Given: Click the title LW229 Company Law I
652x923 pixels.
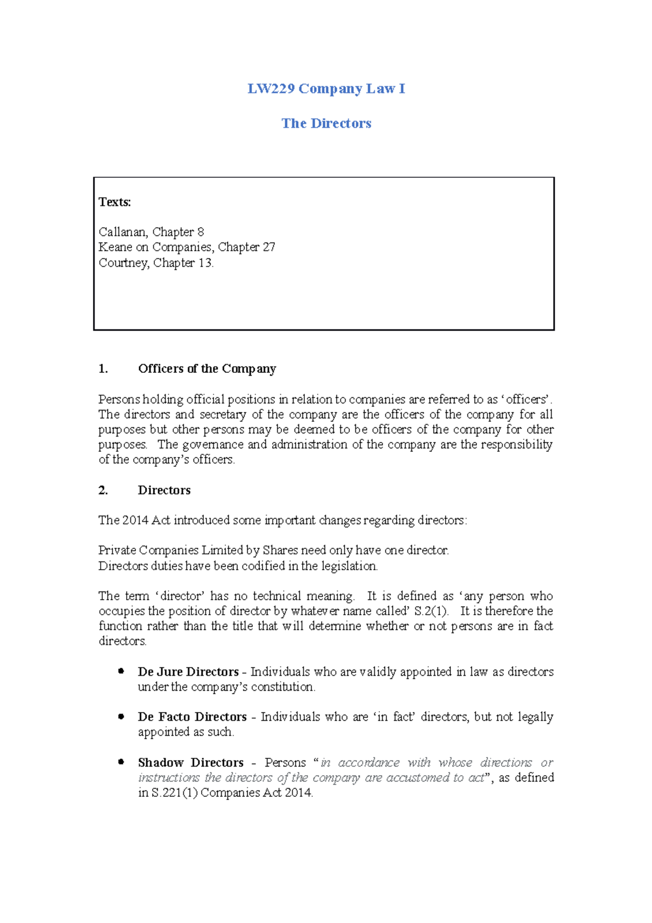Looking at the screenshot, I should click(326, 89).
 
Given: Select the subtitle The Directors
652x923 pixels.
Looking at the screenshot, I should click(326, 123).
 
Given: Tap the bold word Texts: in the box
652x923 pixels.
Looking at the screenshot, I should click(115, 202).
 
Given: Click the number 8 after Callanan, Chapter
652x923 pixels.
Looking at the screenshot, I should click(200, 232).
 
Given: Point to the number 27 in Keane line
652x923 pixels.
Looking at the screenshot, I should click(269, 247).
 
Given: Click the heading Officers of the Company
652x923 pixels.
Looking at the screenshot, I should click(207, 369).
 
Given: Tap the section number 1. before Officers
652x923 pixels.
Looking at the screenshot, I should click(103, 369).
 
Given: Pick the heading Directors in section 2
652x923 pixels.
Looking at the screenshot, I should click(164, 490).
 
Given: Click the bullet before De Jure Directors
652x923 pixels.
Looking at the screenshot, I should click(121, 671).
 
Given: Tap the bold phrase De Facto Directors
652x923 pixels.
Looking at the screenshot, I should click(192, 717).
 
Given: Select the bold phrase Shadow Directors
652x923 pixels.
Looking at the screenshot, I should click(191, 763).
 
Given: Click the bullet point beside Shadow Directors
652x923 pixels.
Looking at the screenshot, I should click(121, 762).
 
